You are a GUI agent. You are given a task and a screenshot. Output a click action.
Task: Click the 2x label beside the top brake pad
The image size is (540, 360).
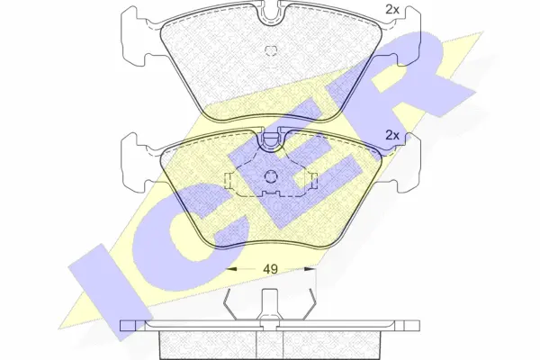click(391, 10)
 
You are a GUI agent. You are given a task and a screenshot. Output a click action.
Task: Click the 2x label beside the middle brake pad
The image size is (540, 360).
click(391, 136)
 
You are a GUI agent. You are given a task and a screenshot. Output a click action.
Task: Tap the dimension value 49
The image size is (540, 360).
click(270, 269)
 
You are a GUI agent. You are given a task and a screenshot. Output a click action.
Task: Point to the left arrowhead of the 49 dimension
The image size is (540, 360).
click(230, 269)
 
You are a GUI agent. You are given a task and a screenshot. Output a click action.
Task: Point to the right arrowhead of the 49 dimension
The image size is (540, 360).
click(310, 269)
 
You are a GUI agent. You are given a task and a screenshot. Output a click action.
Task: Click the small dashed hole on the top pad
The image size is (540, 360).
click(271, 50)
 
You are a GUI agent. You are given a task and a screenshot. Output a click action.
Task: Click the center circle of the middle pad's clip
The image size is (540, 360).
click(270, 177)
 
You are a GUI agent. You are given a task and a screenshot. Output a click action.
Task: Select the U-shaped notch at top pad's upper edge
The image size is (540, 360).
click(270, 14)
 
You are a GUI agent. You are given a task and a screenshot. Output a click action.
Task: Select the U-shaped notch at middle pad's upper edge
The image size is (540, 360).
click(270, 140)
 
